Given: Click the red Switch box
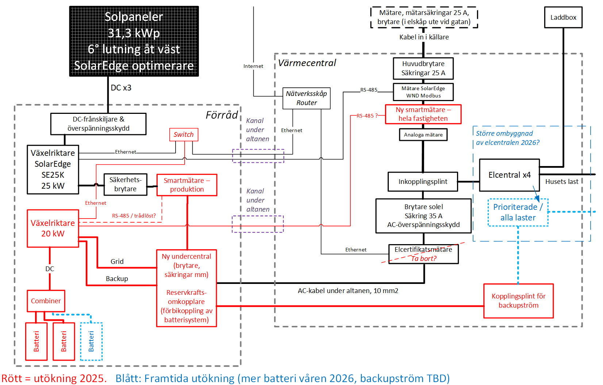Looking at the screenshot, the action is (x=184, y=135).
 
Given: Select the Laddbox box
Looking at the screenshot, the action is (x=563, y=18).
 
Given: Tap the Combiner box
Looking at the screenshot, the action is (x=46, y=301).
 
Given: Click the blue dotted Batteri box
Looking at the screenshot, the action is (x=91, y=341).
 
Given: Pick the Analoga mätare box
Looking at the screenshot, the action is (x=423, y=135).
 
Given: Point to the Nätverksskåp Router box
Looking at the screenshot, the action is (x=306, y=98).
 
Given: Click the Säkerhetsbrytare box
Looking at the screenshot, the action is (x=126, y=184).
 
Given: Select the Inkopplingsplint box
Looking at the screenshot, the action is (x=423, y=182).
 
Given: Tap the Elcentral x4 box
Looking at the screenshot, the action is (x=509, y=175).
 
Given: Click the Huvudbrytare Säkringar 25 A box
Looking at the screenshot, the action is (x=423, y=68).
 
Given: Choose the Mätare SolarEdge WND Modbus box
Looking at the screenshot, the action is (x=423, y=92).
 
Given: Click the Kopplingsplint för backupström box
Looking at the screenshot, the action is (x=518, y=301).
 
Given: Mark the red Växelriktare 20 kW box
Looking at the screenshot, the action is (x=53, y=228).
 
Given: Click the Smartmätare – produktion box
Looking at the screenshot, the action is (x=187, y=185).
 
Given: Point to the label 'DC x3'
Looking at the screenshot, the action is (x=121, y=88).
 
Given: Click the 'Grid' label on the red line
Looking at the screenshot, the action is (x=117, y=262).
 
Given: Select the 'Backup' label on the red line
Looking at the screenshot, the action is (x=117, y=279).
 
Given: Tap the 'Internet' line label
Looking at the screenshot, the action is (x=253, y=66).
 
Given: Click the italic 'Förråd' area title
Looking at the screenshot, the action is (x=222, y=115).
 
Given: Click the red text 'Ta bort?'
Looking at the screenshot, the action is (x=424, y=258).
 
